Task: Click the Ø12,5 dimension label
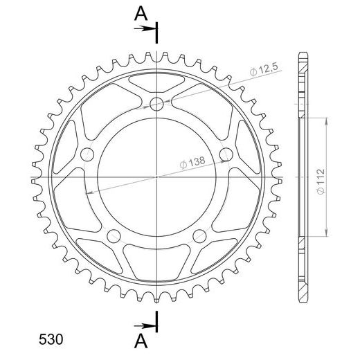264,69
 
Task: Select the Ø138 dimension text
192,163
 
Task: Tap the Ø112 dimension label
321,181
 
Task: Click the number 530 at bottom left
51,339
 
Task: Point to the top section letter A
141,13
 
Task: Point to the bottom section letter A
141,341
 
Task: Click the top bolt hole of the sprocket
156,104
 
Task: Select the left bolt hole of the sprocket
87,154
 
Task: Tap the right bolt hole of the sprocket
226,154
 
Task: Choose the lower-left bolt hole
114,236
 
